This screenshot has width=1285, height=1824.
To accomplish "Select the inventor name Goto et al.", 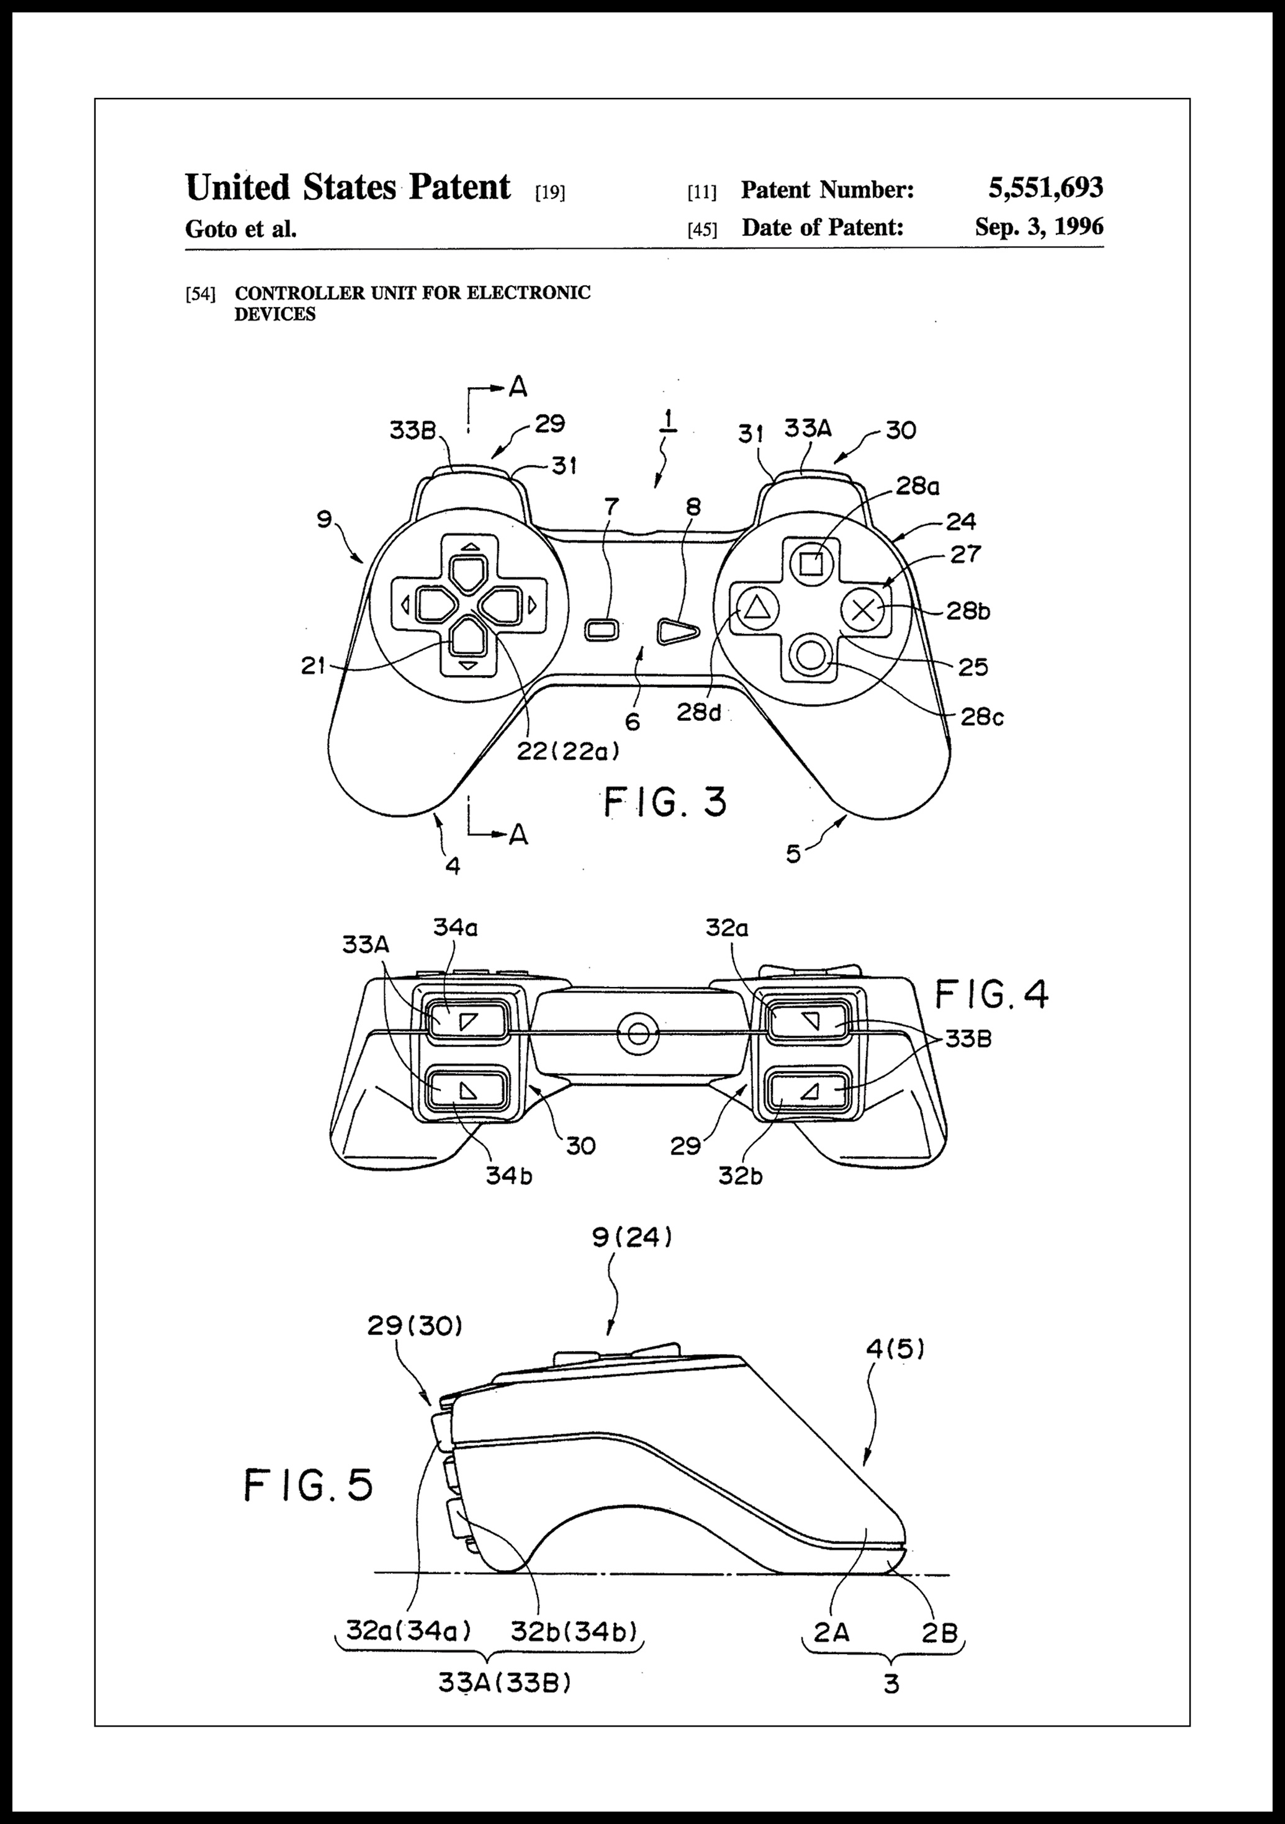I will pos(241,230).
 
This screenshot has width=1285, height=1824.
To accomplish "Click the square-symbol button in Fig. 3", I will pos(811,564).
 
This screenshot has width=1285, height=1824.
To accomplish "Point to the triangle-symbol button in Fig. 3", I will pos(755,609).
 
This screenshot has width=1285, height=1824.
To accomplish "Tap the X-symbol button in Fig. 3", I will pos(864,610).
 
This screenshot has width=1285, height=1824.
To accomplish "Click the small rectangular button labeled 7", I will pos(605,630).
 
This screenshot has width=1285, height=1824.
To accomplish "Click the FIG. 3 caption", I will pos(665,802).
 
